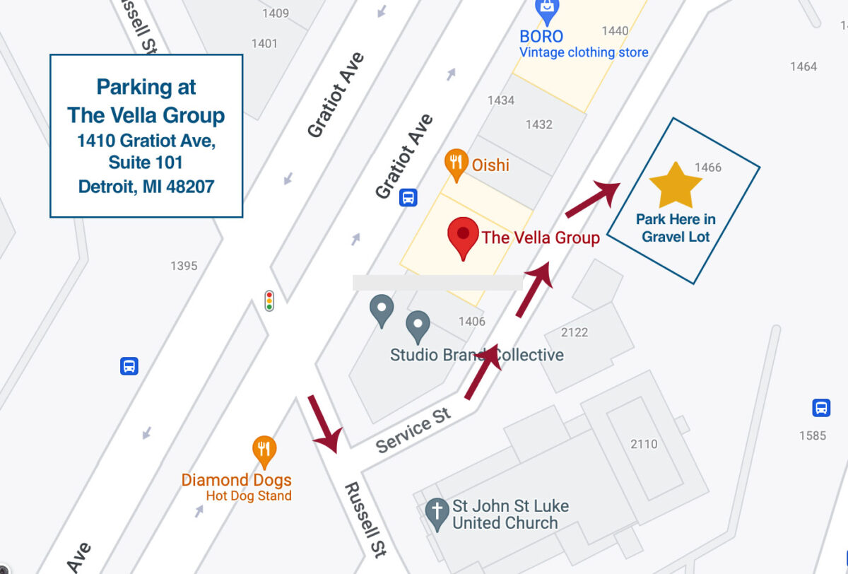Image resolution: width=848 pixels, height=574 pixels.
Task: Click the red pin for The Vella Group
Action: pyautogui.click(x=463, y=238)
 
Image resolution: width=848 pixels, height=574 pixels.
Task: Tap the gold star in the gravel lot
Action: pyautogui.click(x=676, y=185)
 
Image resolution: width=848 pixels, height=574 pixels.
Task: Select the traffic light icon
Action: pyautogui.click(x=269, y=300)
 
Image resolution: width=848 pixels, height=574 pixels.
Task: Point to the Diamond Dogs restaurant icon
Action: pyautogui.click(x=264, y=450)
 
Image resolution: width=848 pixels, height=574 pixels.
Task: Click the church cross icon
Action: pyautogui.click(x=437, y=513)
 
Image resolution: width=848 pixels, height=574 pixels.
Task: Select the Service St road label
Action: pyautogui.click(x=413, y=430)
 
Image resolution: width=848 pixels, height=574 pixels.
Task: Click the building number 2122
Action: pyautogui.click(x=575, y=332)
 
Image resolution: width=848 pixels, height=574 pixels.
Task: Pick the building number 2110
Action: pyautogui.click(x=644, y=444)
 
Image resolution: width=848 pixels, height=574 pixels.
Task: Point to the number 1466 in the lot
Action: pyautogui.click(x=708, y=168)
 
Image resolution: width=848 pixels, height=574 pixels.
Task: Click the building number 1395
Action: pyautogui.click(x=184, y=266)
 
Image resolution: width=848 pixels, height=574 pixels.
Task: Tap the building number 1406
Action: pyautogui.click(x=472, y=322)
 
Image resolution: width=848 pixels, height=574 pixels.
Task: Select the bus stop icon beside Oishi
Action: pyautogui.click(x=408, y=197)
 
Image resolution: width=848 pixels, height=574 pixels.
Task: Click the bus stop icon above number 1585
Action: pyautogui.click(x=821, y=408)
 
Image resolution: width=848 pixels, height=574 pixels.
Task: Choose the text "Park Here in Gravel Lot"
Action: pyautogui.click(x=676, y=228)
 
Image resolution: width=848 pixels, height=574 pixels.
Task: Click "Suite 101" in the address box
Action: pyautogui.click(x=146, y=163)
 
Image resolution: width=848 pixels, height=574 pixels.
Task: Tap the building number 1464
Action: pyautogui.click(x=803, y=66)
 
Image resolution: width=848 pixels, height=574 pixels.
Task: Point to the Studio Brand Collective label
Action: pyautogui.click(x=477, y=355)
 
